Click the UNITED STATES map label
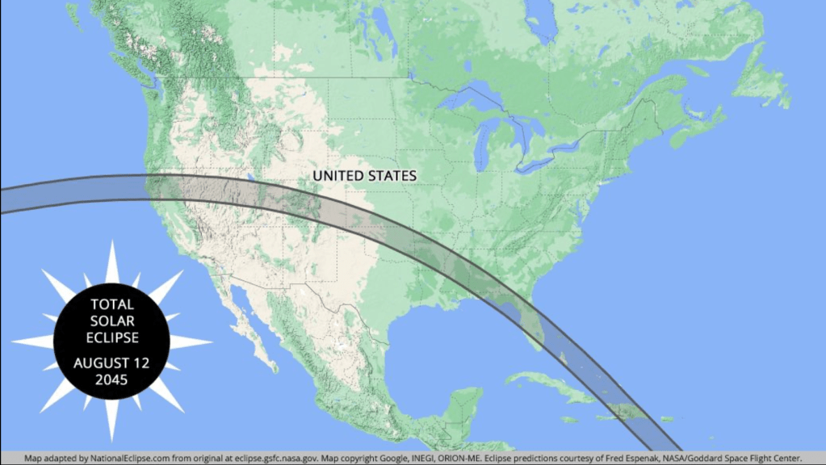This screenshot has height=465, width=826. pos(365,175)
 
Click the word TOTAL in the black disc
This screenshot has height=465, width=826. pos(112,304)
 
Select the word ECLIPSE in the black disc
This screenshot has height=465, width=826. pos(112,337)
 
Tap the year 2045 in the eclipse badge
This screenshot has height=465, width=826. pos(111,380)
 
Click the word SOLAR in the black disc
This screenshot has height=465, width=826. pos(112,320)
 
